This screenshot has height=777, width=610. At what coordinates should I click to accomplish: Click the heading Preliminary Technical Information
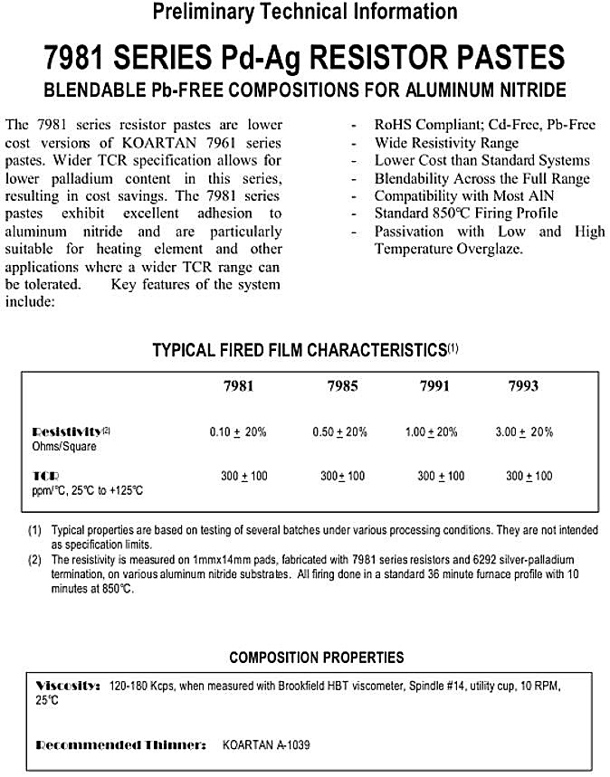click(x=305, y=13)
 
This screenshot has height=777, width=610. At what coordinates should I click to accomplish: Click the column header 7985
click(x=342, y=385)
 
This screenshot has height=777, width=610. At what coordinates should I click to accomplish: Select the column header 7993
click(x=523, y=385)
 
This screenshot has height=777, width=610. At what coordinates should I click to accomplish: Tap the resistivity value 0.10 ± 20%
click(x=238, y=432)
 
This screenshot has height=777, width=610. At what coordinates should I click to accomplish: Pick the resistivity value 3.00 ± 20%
click(x=524, y=432)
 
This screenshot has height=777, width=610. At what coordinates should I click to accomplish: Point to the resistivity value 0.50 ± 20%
click(x=339, y=432)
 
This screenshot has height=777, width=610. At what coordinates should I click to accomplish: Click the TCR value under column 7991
click(x=441, y=476)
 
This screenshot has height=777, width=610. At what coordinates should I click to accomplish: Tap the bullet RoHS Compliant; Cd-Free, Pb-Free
click(x=484, y=126)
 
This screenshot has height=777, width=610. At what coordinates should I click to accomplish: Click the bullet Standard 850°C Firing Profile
click(x=466, y=213)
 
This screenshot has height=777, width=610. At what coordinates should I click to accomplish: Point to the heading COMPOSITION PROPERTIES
click(x=316, y=657)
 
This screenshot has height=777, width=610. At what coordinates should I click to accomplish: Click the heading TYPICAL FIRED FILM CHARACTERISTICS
click(x=299, y=350)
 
